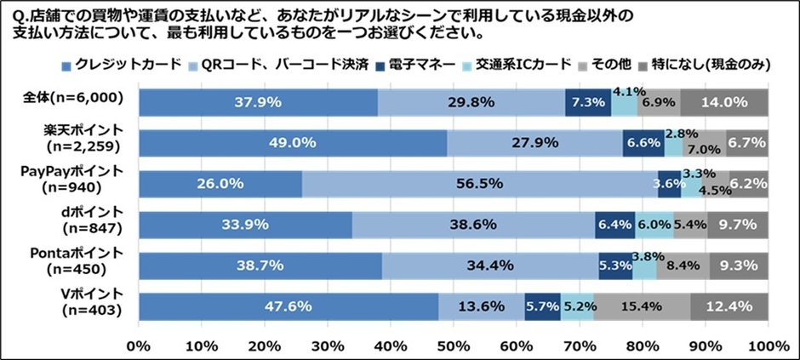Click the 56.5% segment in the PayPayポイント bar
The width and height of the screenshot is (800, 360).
(480, 184)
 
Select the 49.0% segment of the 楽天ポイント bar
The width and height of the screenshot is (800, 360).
(294, 143)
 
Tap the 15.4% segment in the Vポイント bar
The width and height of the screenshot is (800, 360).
(642, 306)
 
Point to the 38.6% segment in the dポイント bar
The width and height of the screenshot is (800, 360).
(473, 225)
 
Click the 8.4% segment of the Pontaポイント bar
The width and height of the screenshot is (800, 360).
(683, 266)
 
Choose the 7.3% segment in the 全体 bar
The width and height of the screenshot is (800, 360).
(588, 102)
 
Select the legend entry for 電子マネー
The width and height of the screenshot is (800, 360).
(424, 64)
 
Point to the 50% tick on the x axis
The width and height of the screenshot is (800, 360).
(453, 346)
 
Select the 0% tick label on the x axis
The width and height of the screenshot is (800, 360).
(138, 346)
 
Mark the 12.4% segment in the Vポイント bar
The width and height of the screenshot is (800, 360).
(729, 306)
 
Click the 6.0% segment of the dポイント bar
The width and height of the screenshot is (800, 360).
(654, 225)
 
